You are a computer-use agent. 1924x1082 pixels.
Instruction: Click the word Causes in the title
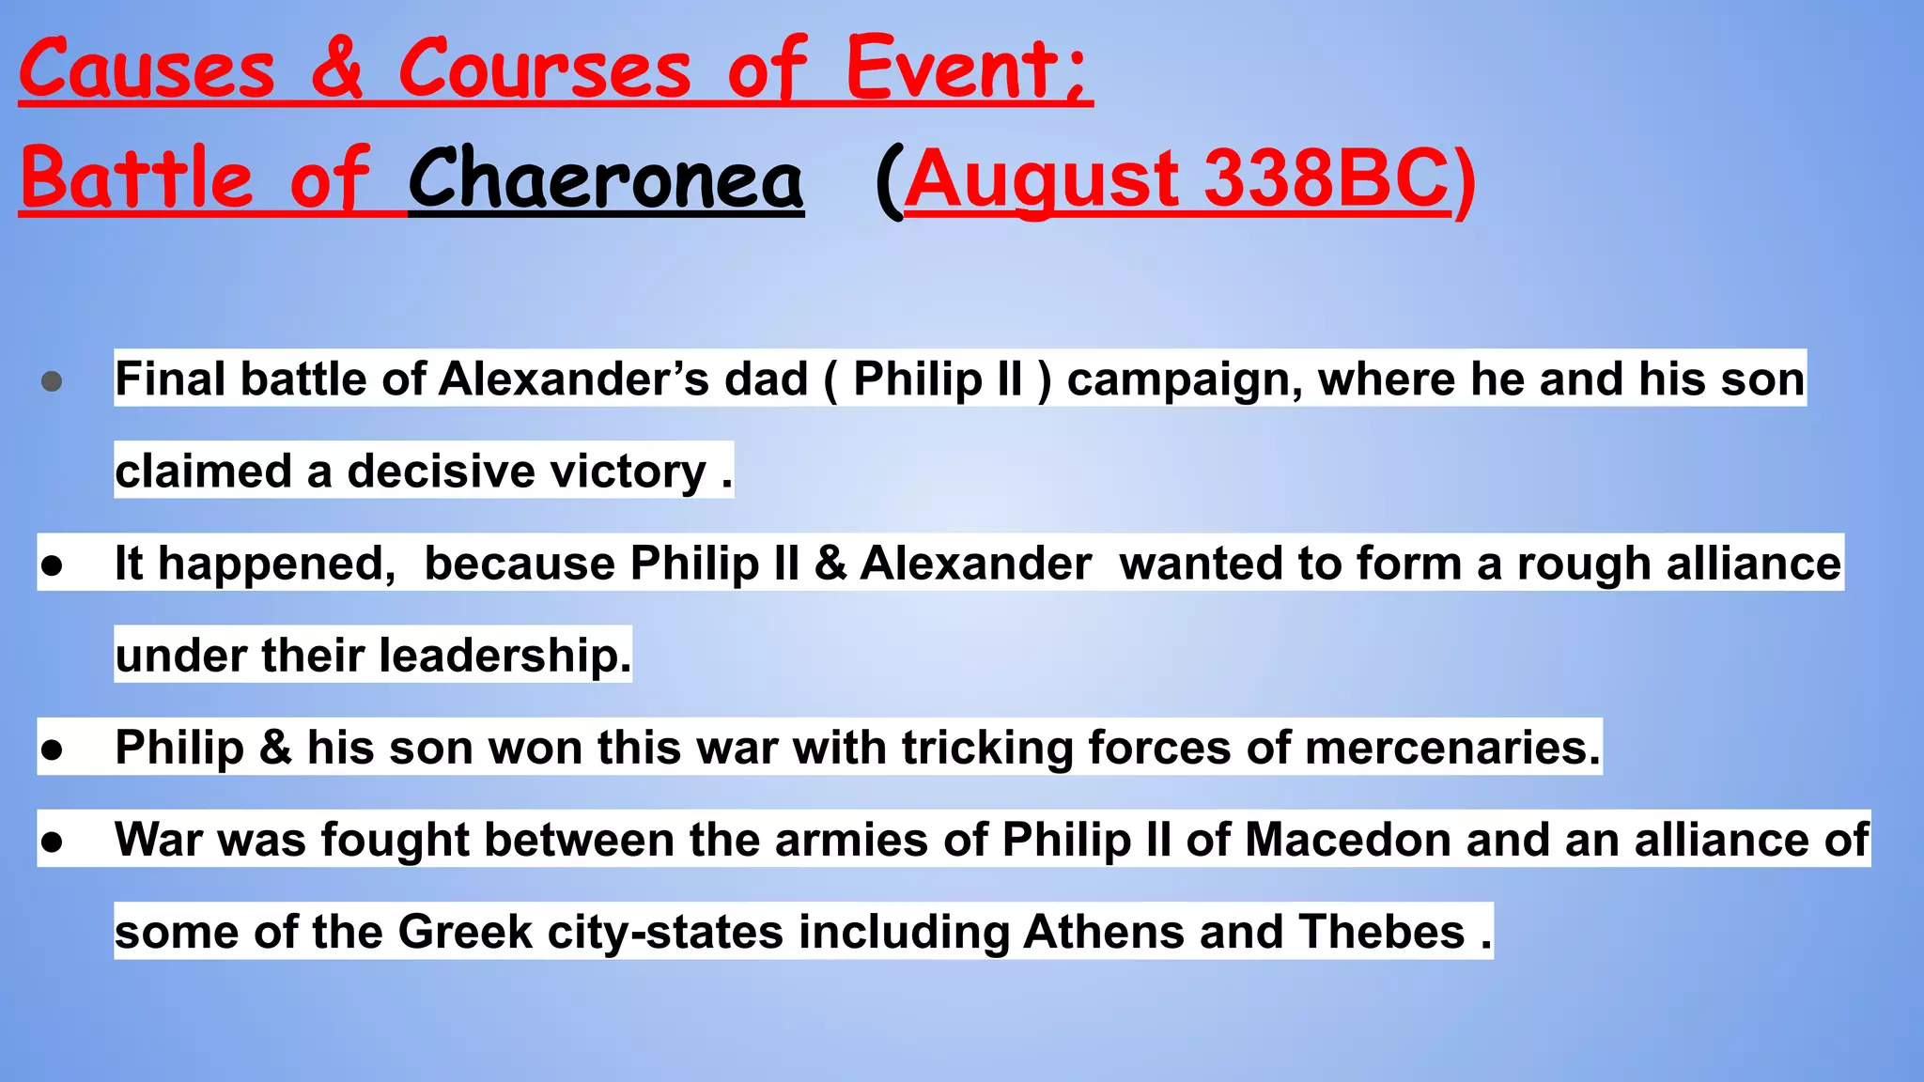point(147,70)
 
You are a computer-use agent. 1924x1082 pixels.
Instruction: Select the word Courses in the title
point(545,70)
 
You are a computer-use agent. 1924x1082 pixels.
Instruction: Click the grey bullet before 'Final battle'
point(53,381)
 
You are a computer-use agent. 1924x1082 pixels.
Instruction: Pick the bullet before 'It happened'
point(53,565)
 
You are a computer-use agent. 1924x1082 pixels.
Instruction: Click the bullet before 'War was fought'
point(53,842)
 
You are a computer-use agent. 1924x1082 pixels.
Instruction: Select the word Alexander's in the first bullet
point(573,379)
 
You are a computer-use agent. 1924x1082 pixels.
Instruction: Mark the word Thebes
point(1381,932)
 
